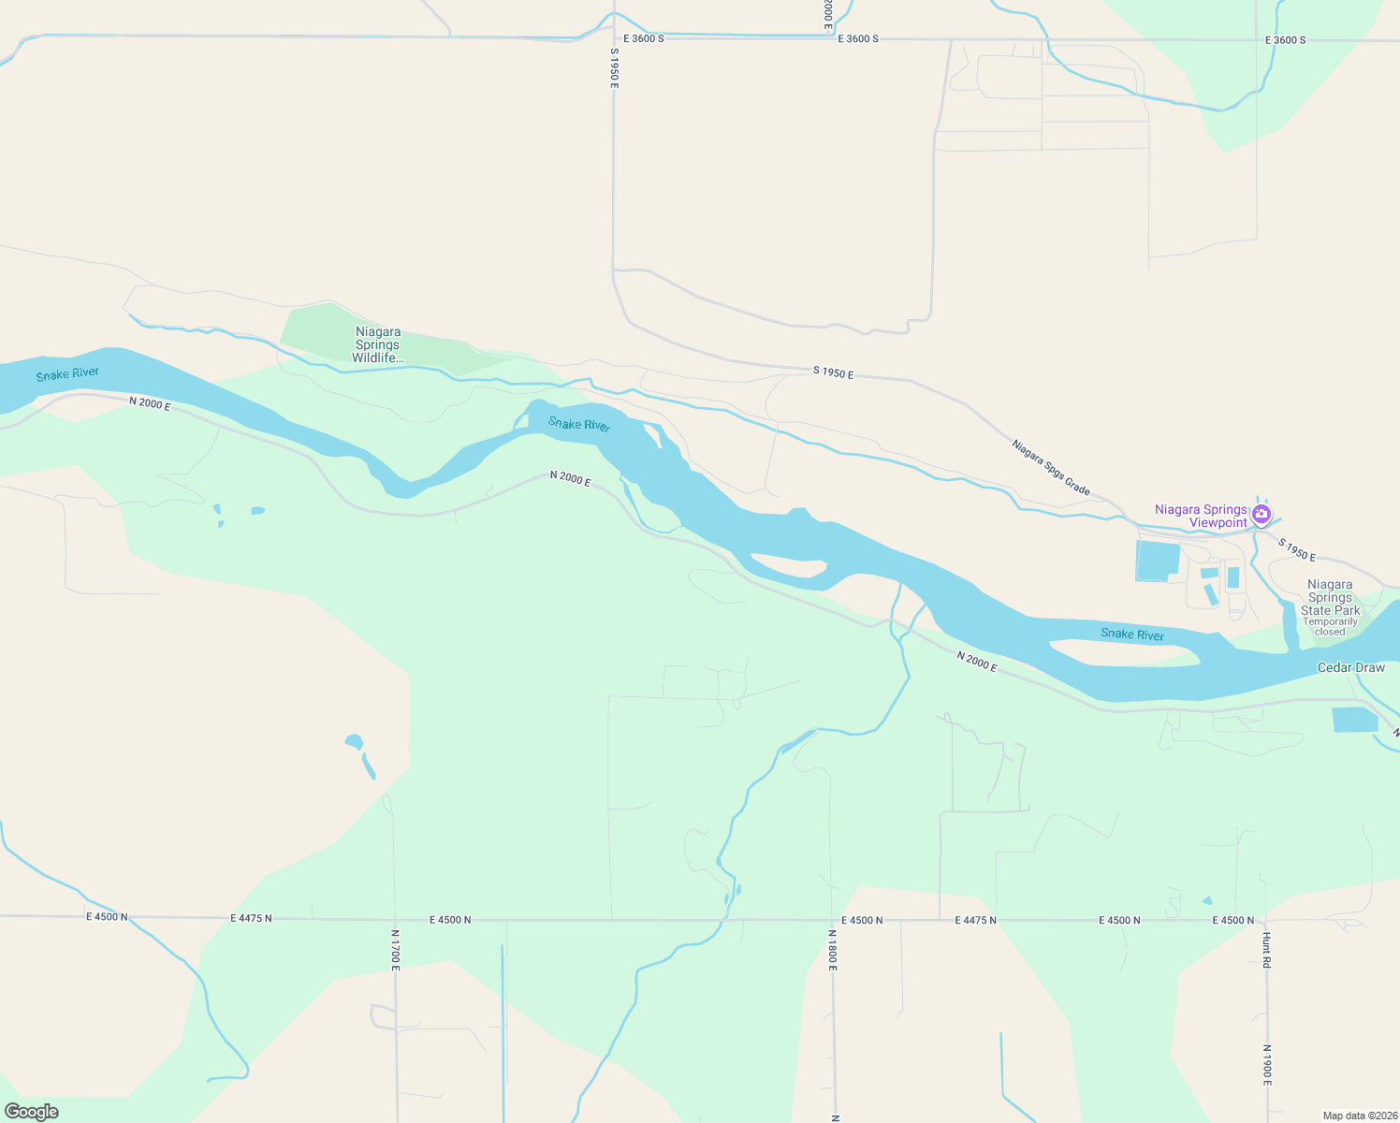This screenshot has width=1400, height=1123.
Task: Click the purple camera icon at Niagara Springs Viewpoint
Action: pyautogui.click(x=1261, y=513)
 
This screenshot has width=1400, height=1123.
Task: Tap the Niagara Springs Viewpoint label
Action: pyautogui.click(x=1202, y=517)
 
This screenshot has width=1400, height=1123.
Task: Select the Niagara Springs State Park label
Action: pyautogui.click(x=1330, y=597)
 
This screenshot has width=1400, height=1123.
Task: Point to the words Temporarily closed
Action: pyautogui.click(x=1330, y=627)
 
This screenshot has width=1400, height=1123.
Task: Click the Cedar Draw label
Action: pyautogui.click(x=1350, y=667)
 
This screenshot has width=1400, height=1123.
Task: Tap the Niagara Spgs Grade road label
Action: pyautogui.click(x=1051, y=467)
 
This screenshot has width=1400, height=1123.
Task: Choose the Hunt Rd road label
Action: pyautogui.click(x=1266, y=949)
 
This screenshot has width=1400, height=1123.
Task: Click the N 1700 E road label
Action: pyautogui.click(x=395, y=949)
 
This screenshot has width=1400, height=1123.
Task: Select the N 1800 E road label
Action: pyautogui.click(x=832, y=949)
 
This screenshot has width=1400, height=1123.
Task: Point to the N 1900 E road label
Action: pyautogui.click(x=1266, y=1065)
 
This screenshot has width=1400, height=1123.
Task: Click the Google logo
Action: pyautogui.click(x=32, y=1112)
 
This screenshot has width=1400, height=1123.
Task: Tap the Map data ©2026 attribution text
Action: pyautogui.click(x=1359, y=1116)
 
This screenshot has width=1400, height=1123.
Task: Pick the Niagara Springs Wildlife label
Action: pyautogui.click(x=378, y=344)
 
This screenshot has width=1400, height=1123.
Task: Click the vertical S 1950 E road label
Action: pyautogui.click(x=614, y=68)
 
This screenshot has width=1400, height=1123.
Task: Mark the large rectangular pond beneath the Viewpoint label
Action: pyautogui.click(x=1158, y=560)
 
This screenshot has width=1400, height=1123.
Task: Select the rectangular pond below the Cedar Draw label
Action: pyautogui.click(x=1354, y=720)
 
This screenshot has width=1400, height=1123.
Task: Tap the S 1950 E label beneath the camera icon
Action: pyautogui.click(x=1297, y=551)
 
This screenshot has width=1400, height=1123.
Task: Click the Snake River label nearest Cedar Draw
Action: pyautogui.click(x=1132, y=634)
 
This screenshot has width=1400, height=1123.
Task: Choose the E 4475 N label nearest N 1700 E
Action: pyautogui.click(x=251, y=919)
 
